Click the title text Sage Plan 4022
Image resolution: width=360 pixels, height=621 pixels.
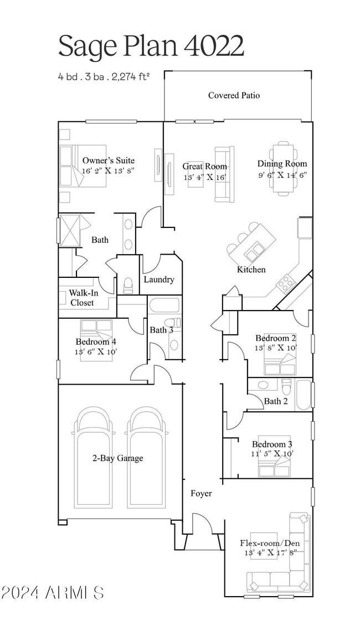(x=151, y=46)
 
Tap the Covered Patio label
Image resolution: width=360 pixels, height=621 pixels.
(x=234, y=95)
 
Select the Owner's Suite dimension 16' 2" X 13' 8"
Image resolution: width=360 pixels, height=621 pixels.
(x=109, y=171)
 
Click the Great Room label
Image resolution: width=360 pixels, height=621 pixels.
(x=205, y=166)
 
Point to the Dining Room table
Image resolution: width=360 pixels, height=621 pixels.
(x=284, y=169)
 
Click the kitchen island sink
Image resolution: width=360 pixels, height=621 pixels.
(x=255, y=253)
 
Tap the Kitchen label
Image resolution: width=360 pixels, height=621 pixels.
(x=251, y=270)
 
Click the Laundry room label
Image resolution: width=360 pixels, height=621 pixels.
(x=159, y=280)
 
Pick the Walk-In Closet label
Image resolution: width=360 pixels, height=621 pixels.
(x=82, y=298)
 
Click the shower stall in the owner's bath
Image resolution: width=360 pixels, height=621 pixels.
(x=70, y=230)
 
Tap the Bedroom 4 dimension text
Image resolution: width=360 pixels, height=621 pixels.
(x=96, y=351)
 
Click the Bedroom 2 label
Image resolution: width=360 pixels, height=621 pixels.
(x=275, y=338)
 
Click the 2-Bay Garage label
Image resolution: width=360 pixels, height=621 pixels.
(x=117, y=458)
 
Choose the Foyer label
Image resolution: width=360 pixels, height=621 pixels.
(x=201, y=493)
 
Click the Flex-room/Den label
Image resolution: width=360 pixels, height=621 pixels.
(x=270, y=543)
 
